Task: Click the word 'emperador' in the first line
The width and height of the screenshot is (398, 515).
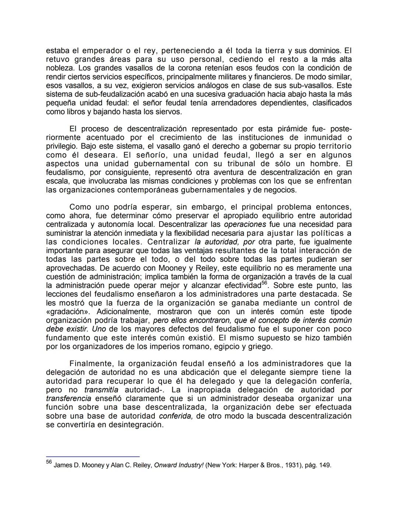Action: point(102,51)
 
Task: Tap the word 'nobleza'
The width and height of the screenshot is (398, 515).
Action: point(60,68)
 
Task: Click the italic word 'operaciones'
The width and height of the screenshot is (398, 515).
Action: point(245,225)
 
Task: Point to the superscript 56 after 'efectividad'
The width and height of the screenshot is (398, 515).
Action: point(264,283)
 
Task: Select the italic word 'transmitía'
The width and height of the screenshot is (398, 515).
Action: point(101,390)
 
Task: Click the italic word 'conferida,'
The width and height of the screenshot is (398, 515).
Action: point(176,416)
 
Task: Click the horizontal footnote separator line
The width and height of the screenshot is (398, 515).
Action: point(92,456)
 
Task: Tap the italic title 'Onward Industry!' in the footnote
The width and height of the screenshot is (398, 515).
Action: point(178,465)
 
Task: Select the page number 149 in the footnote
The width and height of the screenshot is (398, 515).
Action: point(325,465)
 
